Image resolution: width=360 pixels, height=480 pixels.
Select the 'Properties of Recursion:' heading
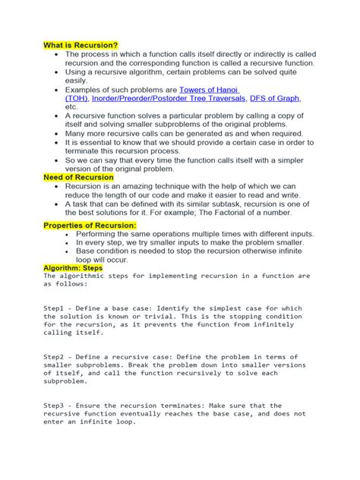(x=90, y=226)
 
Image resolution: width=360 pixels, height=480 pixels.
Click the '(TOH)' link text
(x=77, y=99)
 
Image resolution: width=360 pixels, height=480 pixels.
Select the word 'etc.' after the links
(x=73, y=108)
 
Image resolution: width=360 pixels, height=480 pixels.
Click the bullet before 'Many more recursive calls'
(x=58, y=132)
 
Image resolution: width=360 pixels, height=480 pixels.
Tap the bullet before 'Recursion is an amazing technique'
(x=58, y=186)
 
